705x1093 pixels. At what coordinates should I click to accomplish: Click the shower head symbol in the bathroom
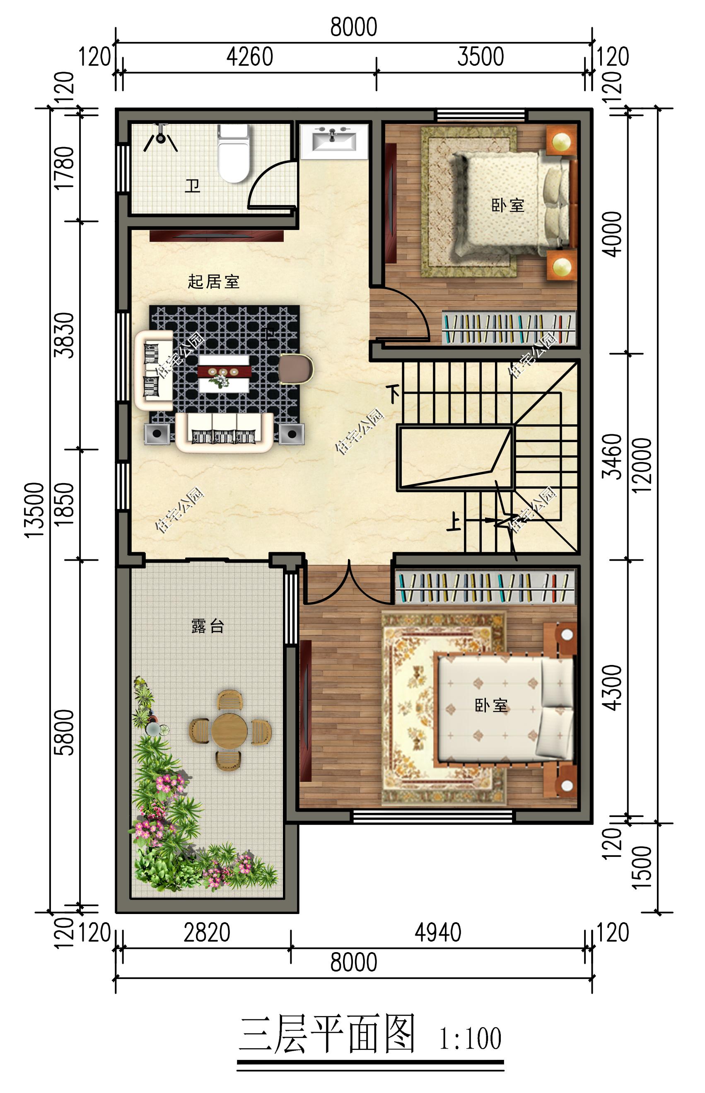coord(160,136)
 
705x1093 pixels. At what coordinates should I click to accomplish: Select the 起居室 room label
coord(213,282)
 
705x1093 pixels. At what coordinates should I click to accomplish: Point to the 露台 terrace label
coord(208,626)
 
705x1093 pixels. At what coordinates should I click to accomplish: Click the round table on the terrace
coord(229,731)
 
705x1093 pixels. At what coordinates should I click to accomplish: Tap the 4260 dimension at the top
coord(249,57)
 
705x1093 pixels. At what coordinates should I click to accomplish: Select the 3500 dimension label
coord(480,57)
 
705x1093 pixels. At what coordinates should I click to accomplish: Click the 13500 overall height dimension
coord(35,510)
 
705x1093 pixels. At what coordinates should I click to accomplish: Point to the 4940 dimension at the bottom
coord(438,933)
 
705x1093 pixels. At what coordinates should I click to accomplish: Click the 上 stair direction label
coord(454,522)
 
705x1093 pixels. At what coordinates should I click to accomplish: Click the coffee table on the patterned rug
coord(224,373)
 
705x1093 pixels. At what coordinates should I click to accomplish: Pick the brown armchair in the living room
coord(295,368)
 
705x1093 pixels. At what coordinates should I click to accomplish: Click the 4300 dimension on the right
coord(613,688)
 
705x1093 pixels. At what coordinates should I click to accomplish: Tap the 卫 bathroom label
coord(192,186)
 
